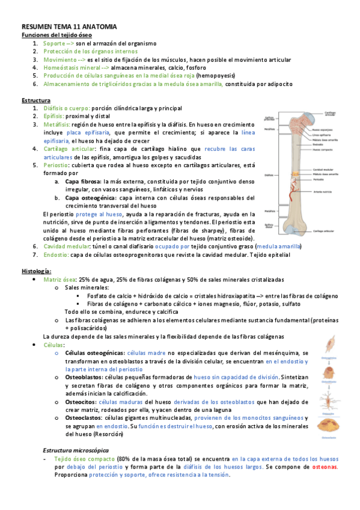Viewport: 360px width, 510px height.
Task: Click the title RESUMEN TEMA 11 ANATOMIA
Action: pos(69,28)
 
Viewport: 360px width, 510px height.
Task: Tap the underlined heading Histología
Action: pos(37,271)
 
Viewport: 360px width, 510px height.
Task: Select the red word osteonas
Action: pos(325,466)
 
